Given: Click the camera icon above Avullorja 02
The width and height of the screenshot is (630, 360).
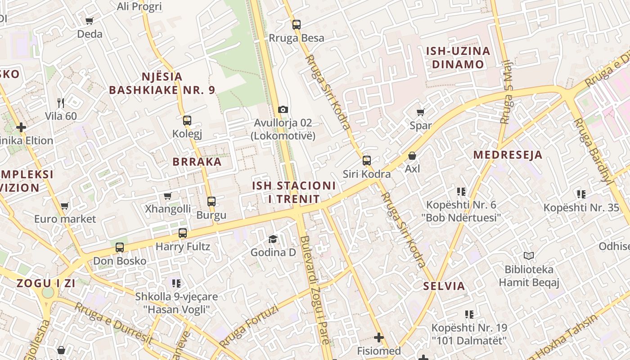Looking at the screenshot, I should (283, 109).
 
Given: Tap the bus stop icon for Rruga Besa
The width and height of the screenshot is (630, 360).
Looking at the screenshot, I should (296, 25).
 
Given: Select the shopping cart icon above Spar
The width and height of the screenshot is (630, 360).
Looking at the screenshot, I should (420, 112).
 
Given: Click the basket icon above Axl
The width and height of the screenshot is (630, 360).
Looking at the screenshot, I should (412, 156).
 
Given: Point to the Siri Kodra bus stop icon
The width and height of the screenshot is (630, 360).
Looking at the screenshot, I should (367, 161).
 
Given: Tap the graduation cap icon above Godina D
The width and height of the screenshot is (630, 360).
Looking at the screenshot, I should (273, 239).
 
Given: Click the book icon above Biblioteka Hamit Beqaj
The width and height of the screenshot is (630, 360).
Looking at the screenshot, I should (529, 256).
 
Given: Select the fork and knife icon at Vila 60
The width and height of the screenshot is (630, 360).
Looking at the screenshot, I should (61, 103).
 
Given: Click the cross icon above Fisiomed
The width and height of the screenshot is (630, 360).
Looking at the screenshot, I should (379, 337).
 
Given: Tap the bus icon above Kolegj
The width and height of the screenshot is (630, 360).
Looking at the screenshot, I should (187, 121).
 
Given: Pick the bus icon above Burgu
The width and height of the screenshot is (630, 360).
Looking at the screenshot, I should (211, 202).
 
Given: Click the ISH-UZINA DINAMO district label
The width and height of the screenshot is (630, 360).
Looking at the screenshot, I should (458, 58).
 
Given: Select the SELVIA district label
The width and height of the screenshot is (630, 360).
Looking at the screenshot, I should (444, 286).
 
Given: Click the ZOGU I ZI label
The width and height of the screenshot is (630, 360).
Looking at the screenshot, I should (46, 283).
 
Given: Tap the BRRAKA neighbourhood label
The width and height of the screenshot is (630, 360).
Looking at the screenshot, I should (197, 162).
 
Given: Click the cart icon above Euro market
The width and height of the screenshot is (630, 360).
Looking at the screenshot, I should (65, 206).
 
